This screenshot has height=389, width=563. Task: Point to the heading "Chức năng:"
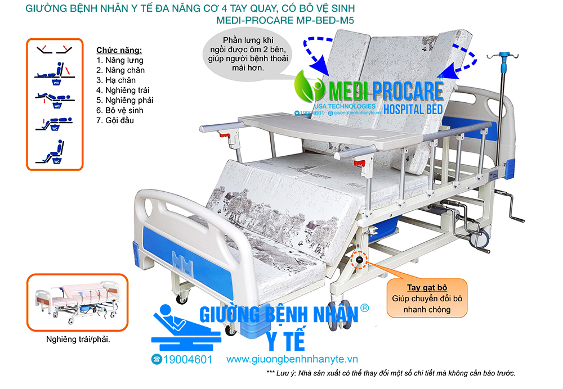click(x=119, y=50)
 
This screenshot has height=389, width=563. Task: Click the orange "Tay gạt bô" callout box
click(x=427, y=298)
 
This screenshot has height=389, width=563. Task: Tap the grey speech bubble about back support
click(x=248, y=54)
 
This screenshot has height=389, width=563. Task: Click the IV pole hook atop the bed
click(x=503, y=56)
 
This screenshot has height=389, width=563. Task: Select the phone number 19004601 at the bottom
click(x=182, y=359)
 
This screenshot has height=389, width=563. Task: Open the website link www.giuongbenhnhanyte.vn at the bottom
click(x=292, y=359)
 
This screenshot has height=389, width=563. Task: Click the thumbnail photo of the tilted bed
click(x=78, y=302)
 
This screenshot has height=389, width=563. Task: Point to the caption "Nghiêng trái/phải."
click(x=78, y=339)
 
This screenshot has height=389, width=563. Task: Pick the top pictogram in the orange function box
click(x=55, y=49)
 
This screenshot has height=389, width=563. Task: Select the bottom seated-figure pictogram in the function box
click(x=51, y=152)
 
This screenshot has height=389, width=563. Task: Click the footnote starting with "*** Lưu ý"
click(x=391, y=373)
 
